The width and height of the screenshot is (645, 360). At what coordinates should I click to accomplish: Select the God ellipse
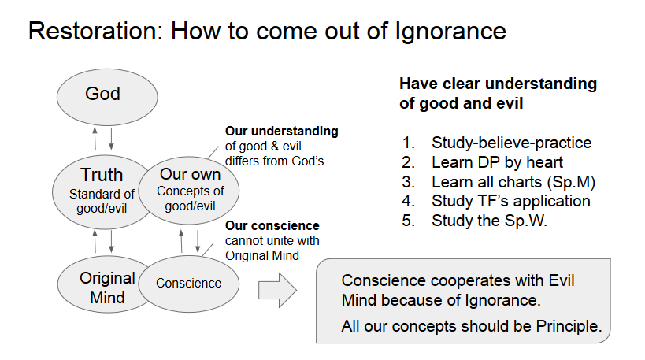point(102,95)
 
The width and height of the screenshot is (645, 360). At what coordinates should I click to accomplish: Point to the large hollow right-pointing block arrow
point(277,291)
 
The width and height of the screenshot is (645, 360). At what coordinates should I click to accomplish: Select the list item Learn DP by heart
point(497,162)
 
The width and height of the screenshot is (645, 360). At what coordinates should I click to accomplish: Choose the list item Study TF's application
point(510,201)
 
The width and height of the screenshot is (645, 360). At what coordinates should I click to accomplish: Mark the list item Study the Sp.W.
point(488,221)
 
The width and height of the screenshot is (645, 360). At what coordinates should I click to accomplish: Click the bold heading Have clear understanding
point(498,84)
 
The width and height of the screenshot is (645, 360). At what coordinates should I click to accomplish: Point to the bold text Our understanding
point(281,131)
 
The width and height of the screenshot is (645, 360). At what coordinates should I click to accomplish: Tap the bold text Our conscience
point(272,225)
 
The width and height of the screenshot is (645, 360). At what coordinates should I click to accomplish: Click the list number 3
point(408,182)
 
